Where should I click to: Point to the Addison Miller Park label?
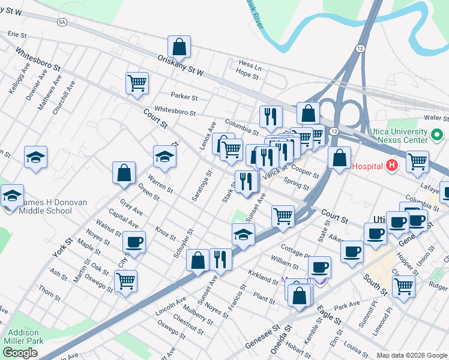[x=24, y=337]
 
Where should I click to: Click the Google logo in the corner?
[x=19, y=353]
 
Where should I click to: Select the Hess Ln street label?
[x=250, y=63]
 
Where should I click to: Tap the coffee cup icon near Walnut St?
[x=134, y=242]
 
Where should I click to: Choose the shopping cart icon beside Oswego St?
[x=125, y=280]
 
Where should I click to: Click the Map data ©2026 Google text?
[x=412, y=355]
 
